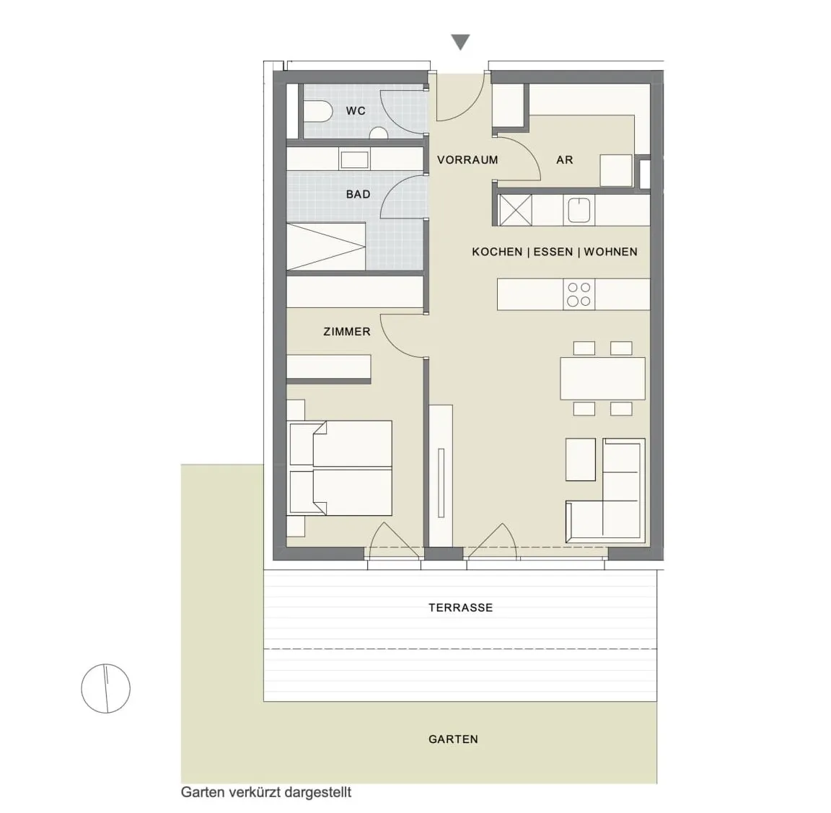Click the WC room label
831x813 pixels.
click(356, 111)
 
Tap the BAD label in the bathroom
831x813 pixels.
click(359, 195)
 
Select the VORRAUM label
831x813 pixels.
click(467, 159)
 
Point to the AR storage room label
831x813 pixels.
click(564, 159)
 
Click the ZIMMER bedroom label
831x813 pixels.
click(347, 332)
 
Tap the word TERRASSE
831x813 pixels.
click(460, 607)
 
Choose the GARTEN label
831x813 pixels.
click(453, 739)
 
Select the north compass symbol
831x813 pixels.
click(105, 688)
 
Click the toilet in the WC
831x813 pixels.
click(317, 111)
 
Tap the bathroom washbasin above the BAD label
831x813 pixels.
click(355, 159)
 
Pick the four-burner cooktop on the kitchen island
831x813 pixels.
click(579, 294)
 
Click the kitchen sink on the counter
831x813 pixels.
click(580, 210)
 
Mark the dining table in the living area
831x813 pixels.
click(602, 379)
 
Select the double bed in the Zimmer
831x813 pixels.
click(340, 468)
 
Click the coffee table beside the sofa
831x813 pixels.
click(581, 460)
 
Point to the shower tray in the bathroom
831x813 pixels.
click(326, 247)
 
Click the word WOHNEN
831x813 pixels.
click(610, 252)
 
